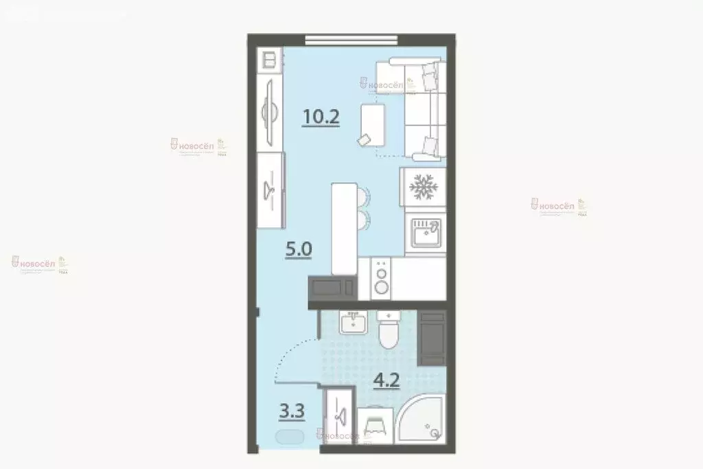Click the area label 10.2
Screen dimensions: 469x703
321,117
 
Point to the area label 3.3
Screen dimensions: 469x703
291,411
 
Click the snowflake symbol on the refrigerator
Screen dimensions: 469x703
423,186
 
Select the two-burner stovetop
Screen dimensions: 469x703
381,278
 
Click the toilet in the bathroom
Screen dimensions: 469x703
389,332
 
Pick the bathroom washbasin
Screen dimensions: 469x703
354,322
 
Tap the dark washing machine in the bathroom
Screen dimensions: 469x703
433,339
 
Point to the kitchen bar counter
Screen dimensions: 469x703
344,229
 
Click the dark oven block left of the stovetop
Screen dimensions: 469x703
332,286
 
